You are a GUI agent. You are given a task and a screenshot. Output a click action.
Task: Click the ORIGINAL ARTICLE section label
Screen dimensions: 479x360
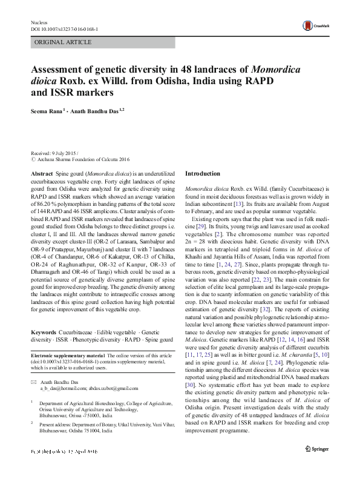(64, 42)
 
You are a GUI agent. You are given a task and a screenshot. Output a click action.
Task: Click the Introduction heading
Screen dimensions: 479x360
(203, 173)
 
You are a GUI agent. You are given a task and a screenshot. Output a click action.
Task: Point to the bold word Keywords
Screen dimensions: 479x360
(44, 333)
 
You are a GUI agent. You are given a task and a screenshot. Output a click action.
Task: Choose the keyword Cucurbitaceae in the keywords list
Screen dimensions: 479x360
(76, 333)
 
